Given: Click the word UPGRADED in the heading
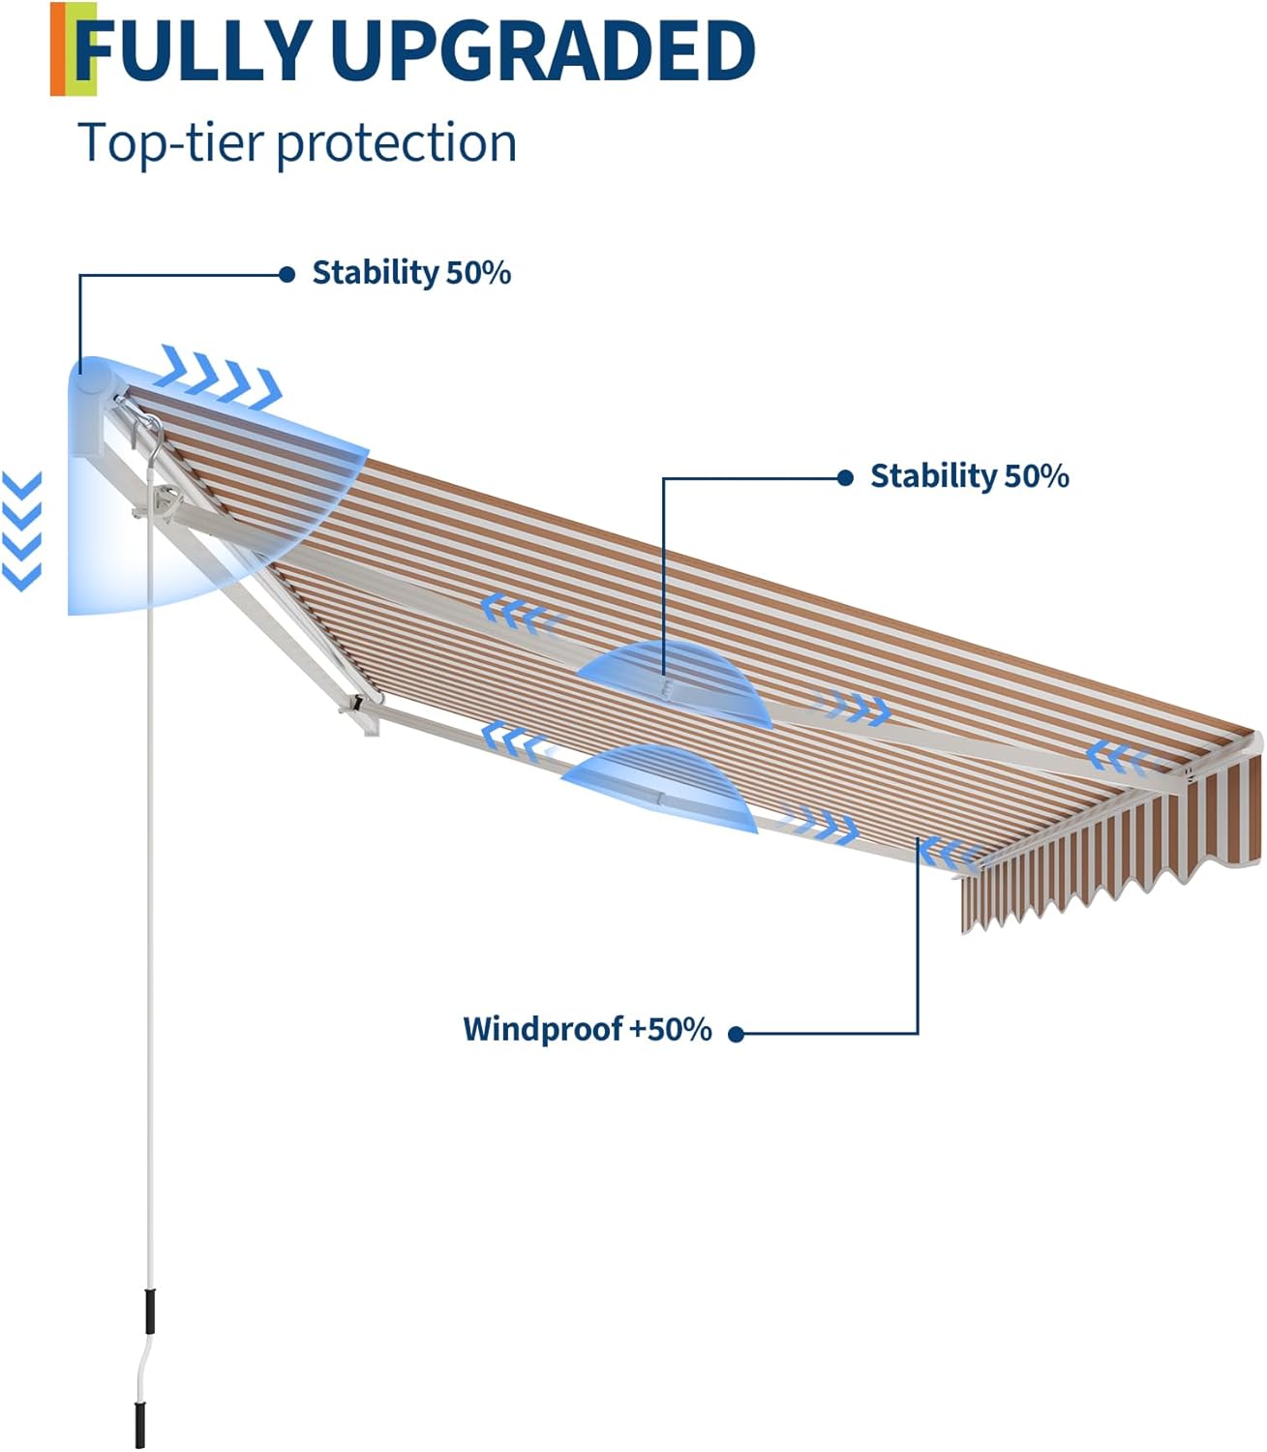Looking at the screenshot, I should click(542, 50).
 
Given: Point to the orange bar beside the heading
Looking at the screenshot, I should click(59, 49).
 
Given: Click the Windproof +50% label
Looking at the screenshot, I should click(587, 1028).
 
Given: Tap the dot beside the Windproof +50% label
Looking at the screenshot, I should click(736, 1034).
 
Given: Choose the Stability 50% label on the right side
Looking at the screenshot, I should click(969, 476).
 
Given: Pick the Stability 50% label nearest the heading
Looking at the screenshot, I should click(410, 273).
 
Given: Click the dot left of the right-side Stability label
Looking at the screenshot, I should click(845, 477).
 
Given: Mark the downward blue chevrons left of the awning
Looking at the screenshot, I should click(22, 530).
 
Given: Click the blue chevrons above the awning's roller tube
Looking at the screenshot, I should click(221, 375).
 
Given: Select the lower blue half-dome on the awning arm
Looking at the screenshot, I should click(660, 789).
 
